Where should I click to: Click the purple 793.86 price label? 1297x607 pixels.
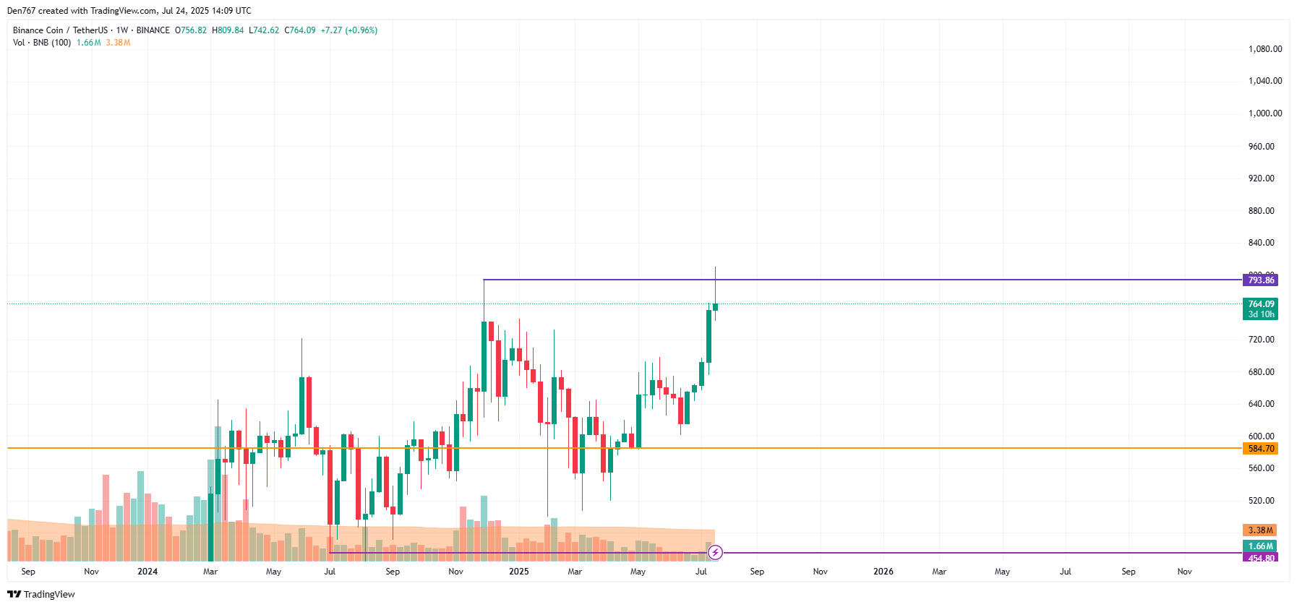coord(1260,280)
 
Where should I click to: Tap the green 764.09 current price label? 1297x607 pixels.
coord(1260,304)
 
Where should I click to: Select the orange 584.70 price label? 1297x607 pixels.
coord(1260,449)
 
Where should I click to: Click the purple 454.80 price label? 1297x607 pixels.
coord(1260,558)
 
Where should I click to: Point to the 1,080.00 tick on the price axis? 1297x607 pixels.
coord(1264,49)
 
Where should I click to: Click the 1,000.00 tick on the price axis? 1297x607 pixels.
coord(1264,113)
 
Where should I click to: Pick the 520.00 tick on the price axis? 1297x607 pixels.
coord(1261,501)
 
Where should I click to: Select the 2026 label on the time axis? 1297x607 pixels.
coord(883,572)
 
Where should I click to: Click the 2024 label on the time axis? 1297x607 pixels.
coord(147,572)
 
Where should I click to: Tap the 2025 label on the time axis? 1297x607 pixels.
coord(518,572)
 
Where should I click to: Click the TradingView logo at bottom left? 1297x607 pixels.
coord(41,594)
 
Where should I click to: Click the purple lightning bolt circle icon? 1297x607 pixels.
coord(715,553)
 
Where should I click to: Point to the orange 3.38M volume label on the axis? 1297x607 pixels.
coord(1260,530)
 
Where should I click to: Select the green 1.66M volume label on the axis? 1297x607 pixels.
coord(1260,546)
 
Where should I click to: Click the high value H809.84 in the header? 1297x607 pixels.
coord(228,30)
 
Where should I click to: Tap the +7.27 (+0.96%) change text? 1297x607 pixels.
coord(349,30)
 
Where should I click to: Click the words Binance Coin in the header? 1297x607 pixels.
coord(38,30)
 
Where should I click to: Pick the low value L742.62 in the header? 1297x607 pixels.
coord(264,30)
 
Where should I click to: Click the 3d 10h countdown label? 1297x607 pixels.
coord(1261,314)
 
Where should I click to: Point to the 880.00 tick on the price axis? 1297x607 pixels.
coord(1261,211)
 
